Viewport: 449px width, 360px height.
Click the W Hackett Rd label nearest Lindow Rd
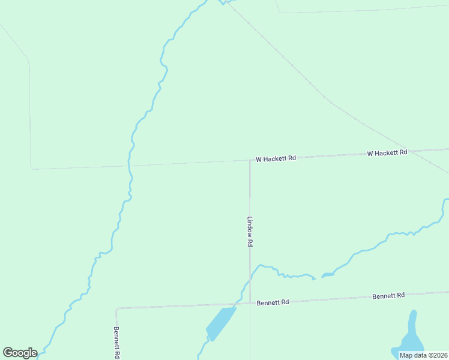(x=276, y=159)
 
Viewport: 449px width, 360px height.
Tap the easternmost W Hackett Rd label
(x=387, y=153)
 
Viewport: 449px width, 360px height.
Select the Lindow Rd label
(x=250, y=232)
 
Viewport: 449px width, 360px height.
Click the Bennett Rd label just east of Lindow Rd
(x=273, y=302)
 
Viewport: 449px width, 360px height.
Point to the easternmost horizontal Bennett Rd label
(x=388, y=296)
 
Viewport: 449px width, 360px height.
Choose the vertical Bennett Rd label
(x=117, y=342)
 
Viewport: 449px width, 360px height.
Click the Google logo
(x=20, y=353)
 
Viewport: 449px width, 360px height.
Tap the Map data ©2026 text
(x=423, y=355)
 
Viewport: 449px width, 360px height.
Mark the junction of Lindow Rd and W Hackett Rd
(x=250, y=160)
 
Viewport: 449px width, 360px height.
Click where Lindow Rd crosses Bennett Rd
(x=250, y=303)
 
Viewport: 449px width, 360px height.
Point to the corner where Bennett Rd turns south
(x=116, y=309)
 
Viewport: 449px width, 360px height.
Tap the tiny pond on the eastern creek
(x=328, y=275)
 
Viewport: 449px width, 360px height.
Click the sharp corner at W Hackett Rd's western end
(x=32, y=169)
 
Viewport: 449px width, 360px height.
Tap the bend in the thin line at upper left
(x=28, y=60)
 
